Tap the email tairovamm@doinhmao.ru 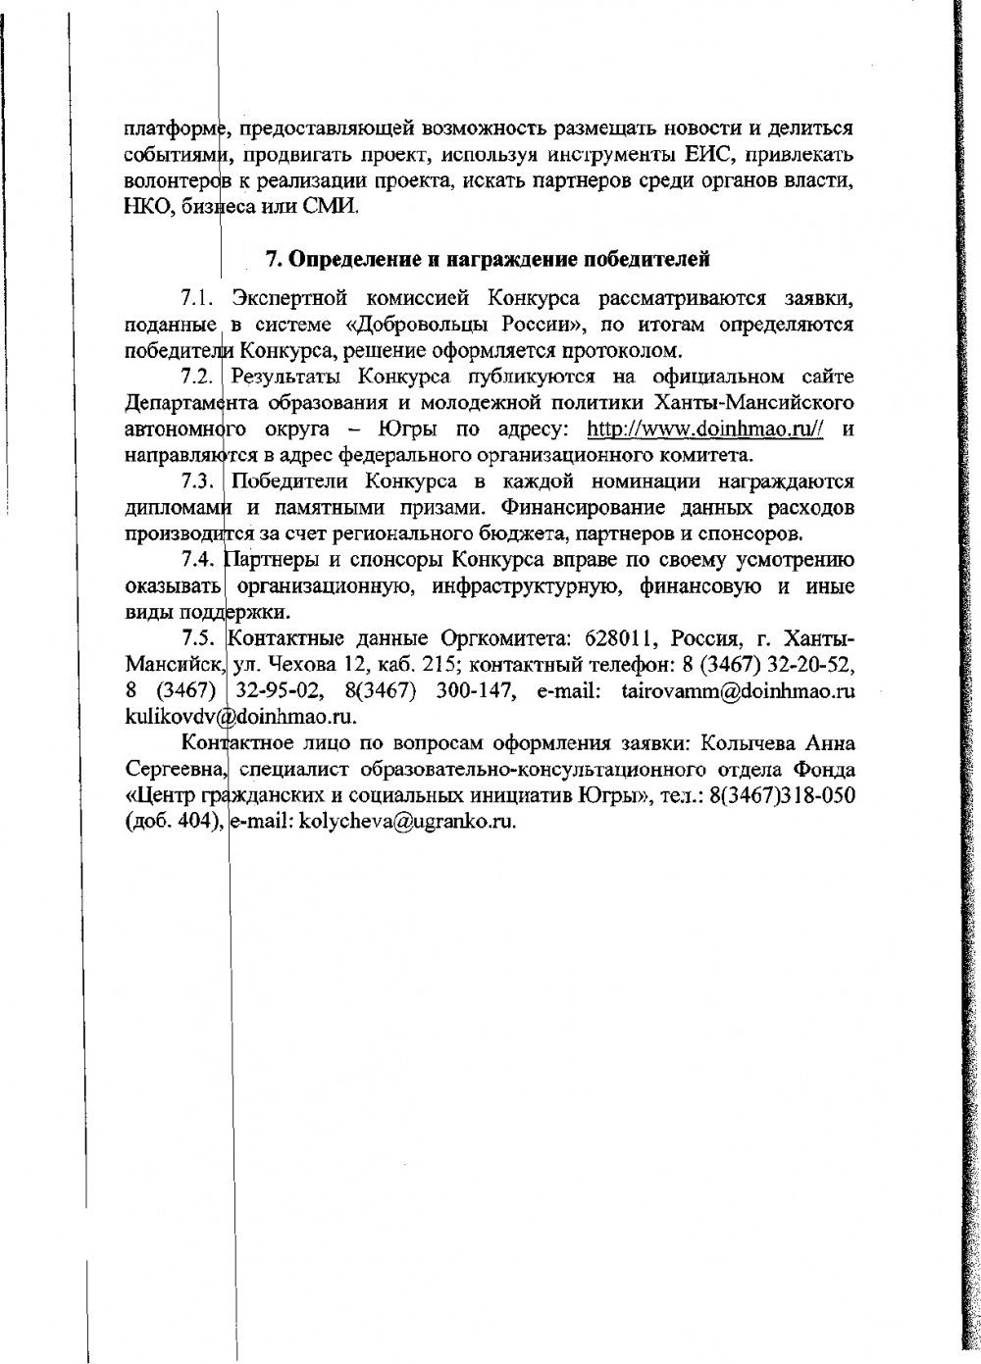[x=738, y=691]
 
